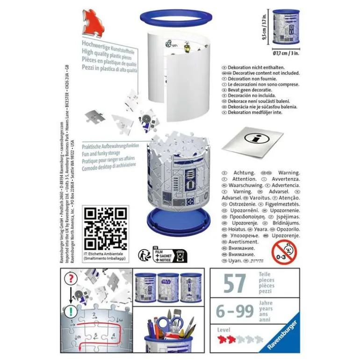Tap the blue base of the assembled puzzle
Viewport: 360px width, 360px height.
pyautogui.click(x=173, y=219)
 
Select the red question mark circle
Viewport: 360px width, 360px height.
pyautogui.click(x=70, y=278)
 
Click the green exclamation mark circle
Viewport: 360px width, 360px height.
pyautogui.click(x=70, y=311)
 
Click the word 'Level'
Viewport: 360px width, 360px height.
pyautogui.click(x=224, y=330)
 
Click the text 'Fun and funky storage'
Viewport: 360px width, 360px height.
pyautogui.click(x=101, y=153)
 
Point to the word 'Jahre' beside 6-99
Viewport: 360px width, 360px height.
pyautogui.click(x=266, y=303)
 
